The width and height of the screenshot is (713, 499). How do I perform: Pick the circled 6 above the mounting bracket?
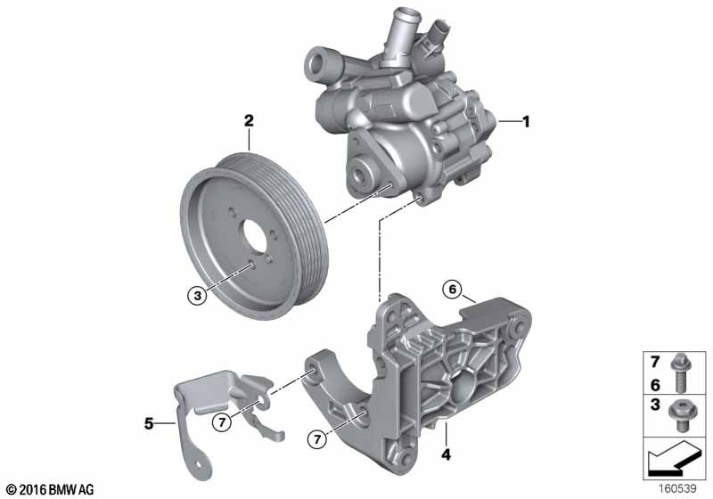(453, 289)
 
